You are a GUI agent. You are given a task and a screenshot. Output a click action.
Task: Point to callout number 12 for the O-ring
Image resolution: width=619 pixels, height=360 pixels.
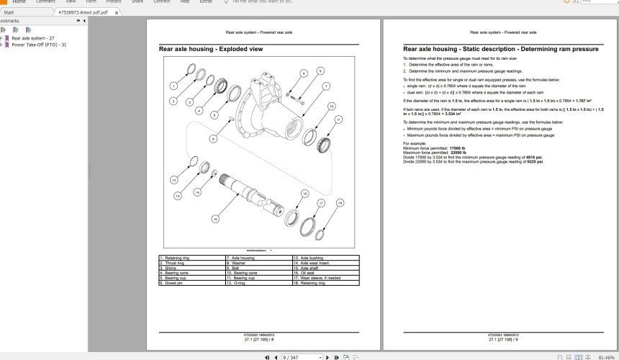click(x=173, y=179)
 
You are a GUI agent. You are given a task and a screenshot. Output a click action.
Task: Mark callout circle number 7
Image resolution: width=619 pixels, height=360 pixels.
click(x=326, y=86)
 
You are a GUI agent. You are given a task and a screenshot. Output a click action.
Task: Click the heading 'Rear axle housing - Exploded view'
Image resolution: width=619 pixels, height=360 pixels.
click(x=211, y=49)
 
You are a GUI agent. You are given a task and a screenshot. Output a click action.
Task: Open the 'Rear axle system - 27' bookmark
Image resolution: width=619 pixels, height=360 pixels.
click(x=33, y=37)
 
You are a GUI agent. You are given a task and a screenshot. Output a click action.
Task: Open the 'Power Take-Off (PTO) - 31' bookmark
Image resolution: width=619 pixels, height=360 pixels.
click(x=39, y=45)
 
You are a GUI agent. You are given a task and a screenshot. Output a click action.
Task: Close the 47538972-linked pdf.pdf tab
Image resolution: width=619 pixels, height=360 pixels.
click(x=117, y=12)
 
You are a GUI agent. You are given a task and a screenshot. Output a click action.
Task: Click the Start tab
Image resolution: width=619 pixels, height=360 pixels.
click(x=9, y=12)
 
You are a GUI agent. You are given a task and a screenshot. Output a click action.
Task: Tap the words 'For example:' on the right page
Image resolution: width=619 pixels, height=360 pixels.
click(x=413, y=144)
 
